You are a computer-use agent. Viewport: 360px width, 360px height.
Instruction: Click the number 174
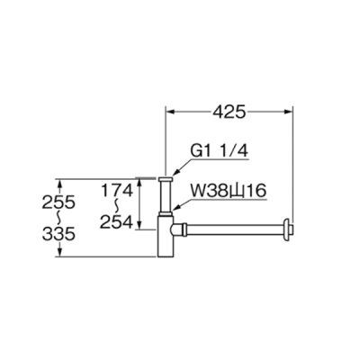(116, 190)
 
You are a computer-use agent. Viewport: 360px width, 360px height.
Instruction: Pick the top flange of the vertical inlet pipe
(166, 178)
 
